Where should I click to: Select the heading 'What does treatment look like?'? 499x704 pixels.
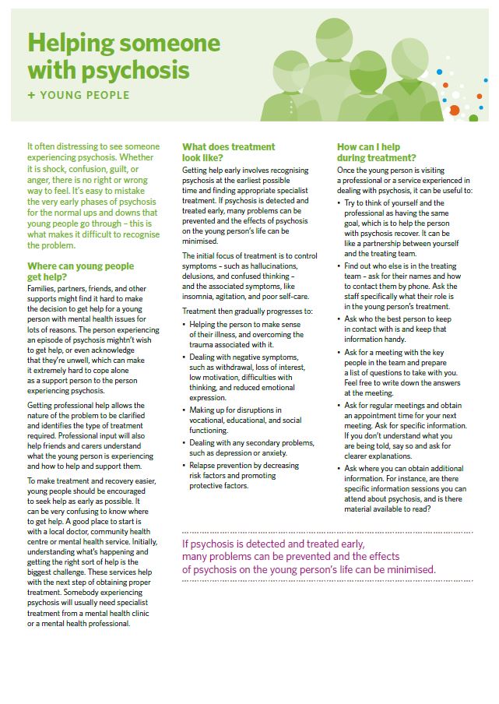[228, 151]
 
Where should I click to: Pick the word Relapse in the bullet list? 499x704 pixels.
[203, 464]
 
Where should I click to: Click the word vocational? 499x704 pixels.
[209, 420]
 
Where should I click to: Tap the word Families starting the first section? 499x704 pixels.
[44, 289]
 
